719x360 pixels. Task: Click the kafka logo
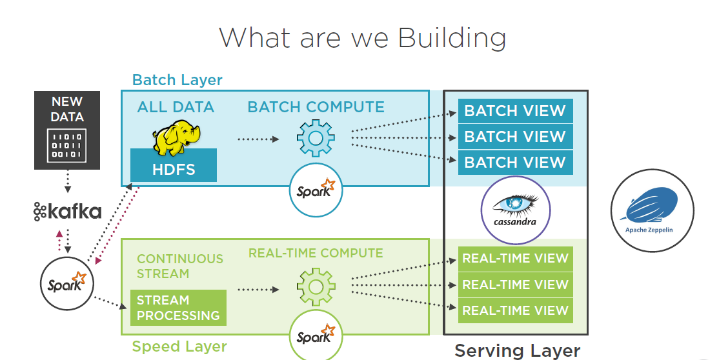click(67, 211)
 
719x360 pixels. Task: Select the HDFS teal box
click(173, 170)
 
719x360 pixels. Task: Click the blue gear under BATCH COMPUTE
click(316, 138)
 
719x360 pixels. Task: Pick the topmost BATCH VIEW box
click(515, 111)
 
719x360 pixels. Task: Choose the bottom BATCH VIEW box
click(515, 163)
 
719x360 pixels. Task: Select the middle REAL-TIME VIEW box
click(515, 285)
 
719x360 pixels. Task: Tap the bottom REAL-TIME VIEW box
click(515, 310)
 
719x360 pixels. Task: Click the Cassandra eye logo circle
click(515, 210)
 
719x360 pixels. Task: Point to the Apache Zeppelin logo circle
click(652, 210)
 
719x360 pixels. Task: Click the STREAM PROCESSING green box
click(178, 308)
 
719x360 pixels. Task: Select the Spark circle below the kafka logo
click(67, 282)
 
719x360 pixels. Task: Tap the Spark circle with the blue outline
click(316, 189)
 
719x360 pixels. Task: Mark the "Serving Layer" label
click(517, 350)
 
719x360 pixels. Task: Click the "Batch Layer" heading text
click(177, 80)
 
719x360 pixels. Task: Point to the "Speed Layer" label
click(179, 346)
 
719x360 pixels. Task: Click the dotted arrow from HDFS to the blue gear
click(258, 139)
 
